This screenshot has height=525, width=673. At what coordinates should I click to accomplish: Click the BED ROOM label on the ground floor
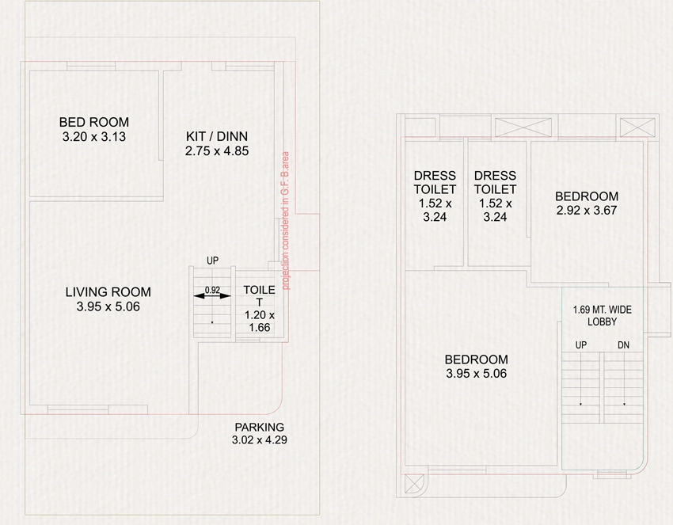[x=94, y=122]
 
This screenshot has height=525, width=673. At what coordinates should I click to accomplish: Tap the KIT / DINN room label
[x=217, y=136]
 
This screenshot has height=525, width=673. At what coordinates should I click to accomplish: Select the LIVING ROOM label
[x=108, y=292]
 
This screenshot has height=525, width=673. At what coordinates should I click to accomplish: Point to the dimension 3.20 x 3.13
[x=94, y=137]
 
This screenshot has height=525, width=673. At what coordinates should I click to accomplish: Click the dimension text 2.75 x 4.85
[x=217, y=151]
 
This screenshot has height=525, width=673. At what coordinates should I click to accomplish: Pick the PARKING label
[x=259, y=427]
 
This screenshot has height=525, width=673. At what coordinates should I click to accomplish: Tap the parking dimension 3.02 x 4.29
[x=259, y=440]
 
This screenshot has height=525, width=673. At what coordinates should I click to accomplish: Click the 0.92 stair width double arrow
[x=212, y=296]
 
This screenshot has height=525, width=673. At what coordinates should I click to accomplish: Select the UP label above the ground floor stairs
[x=212, y=261]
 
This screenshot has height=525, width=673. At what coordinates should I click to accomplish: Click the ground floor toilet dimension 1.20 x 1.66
[x=260, y=321]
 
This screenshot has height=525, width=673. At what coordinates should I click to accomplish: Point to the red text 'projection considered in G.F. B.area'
[x=285, y=221]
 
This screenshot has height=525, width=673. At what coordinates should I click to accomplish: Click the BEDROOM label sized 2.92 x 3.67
[x=587, y=196]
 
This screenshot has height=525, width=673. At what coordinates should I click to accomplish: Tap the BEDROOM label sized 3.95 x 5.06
[x=477, y=360]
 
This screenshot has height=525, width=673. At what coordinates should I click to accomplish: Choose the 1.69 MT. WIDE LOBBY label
[x=603, y=315]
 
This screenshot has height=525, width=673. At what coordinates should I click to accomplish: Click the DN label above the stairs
[x=624, y=344]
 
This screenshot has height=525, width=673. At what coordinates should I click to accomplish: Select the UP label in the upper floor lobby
[x=580, y=344]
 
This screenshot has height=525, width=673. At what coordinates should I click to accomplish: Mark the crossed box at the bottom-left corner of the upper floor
[x=414, y=484]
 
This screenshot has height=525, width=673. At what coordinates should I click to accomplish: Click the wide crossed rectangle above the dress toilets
[x=523, y=127]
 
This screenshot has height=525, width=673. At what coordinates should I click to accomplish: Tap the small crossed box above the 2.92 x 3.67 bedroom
[x=638, y=127]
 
